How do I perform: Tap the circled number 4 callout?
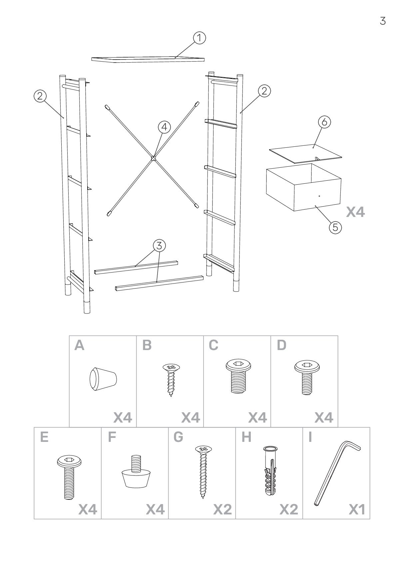point(164,127)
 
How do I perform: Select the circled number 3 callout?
point(159,246)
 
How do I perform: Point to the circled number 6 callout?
point(324,122)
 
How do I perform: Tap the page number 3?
point(383,21)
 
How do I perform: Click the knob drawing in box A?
point(103,379)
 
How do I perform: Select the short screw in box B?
point(171,380)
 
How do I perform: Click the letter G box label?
point(179,437)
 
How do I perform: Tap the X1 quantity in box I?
point(357,518)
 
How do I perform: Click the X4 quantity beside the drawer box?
point(355,212)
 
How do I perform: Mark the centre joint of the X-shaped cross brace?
point(153,158)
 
